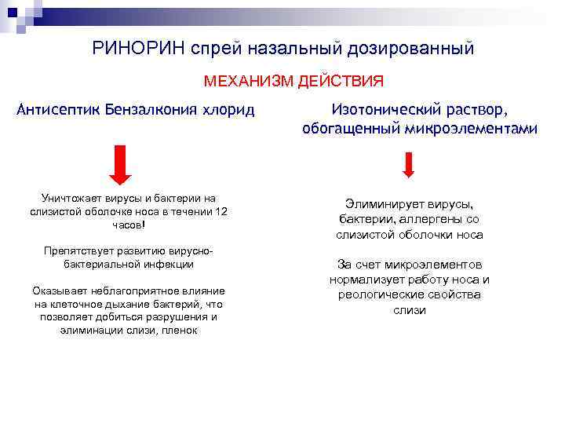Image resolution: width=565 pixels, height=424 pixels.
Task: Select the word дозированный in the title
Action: pyautogui.click(x=412, y=49)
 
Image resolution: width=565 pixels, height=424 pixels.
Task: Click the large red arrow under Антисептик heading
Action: pyautogui.click(x=119, y=163)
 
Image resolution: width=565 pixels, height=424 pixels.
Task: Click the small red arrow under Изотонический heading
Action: pyautogui.click(x=409, y=163)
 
